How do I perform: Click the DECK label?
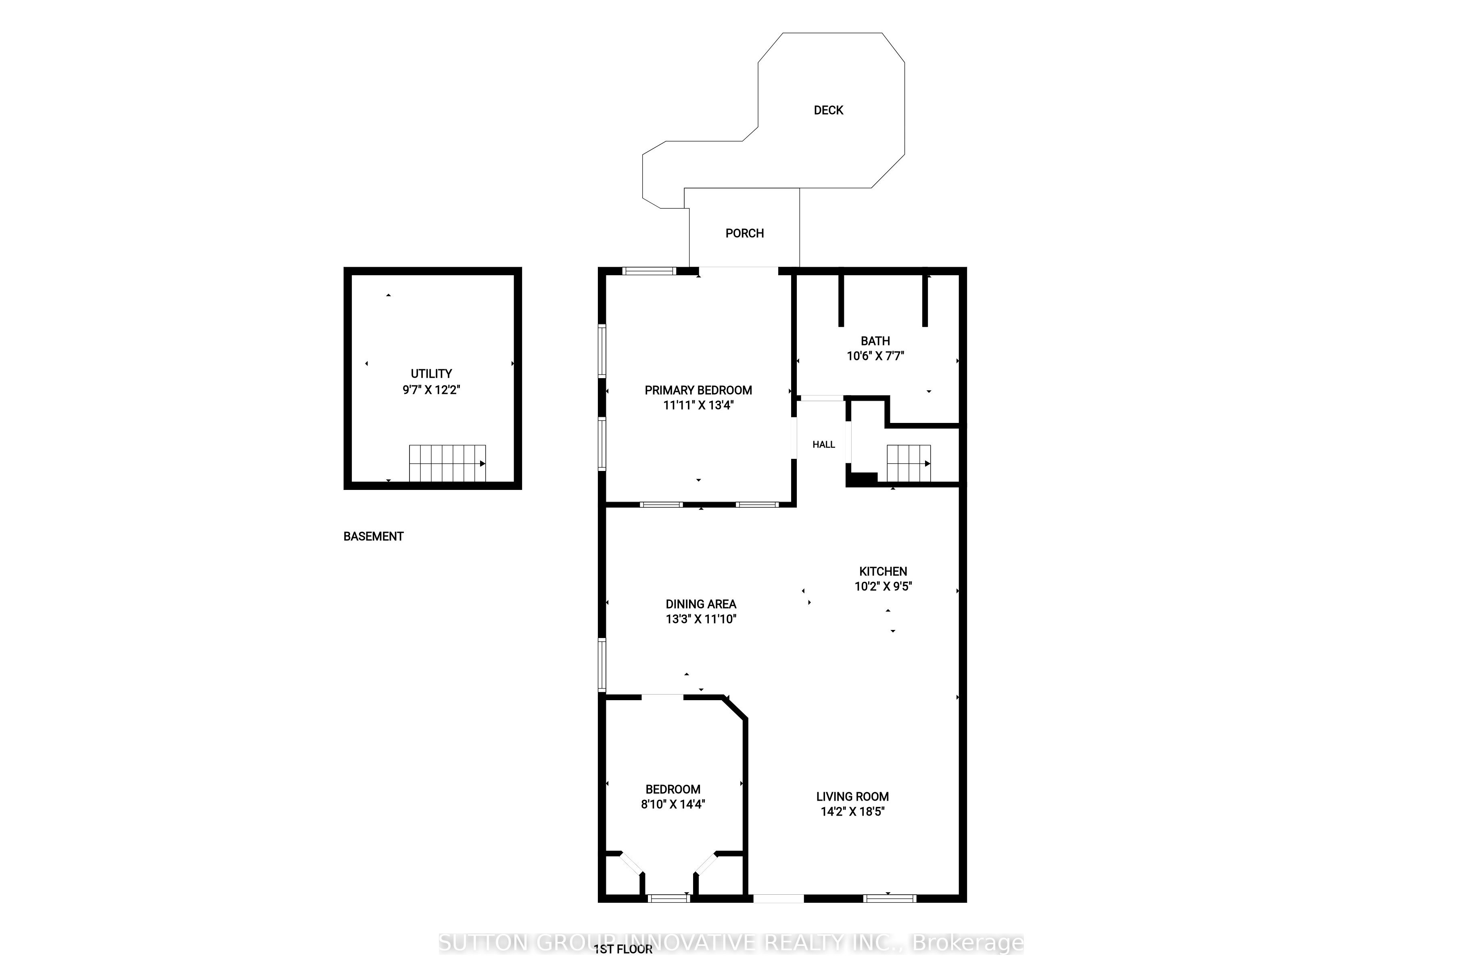click(x=829, y=110)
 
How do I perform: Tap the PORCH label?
click(x=745, y=233)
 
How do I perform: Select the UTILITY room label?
click(x=431, y=374)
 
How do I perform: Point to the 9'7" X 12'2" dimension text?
click(x=431, y=390)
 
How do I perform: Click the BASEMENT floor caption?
click(x=374, y=536)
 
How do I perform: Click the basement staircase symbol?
click(x=447, y=463)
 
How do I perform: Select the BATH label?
click(x=875, y=341)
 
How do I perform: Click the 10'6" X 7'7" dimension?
click(x=875, y=356)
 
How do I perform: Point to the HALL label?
click(x=824, y=445)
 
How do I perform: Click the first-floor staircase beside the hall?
click(x=909, y=463)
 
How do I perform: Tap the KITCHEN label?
click(x=883, y=571)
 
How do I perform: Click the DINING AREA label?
click(x=701, y=604)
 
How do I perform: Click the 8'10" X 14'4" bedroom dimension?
click(x=673, y=804)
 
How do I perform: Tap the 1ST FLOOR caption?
click(x=623, y=949)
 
